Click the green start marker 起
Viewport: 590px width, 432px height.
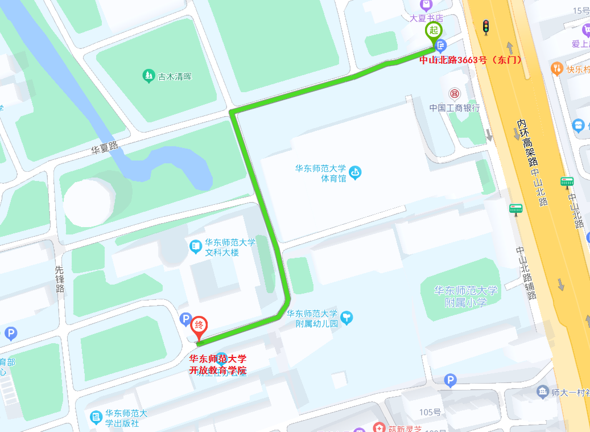(434, 30)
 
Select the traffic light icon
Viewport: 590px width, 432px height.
(485, 27)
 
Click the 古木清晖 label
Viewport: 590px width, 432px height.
(175, 76)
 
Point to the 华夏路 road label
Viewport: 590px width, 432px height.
(105, 148)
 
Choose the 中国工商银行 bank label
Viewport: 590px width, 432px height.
(455, 108)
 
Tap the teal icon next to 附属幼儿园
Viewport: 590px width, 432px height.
(346, 318)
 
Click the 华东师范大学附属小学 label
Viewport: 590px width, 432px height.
(465, 297)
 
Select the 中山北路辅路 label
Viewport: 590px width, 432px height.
(526, 273)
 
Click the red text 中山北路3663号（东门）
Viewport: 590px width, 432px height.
(471, 60)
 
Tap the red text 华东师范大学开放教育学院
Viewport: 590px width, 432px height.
(218, 364)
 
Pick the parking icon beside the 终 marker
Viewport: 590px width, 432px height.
(185, 320)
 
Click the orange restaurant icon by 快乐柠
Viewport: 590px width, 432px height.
(556, 69)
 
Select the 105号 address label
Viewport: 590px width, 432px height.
(431, 412)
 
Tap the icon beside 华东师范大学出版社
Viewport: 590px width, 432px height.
(96, 418)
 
